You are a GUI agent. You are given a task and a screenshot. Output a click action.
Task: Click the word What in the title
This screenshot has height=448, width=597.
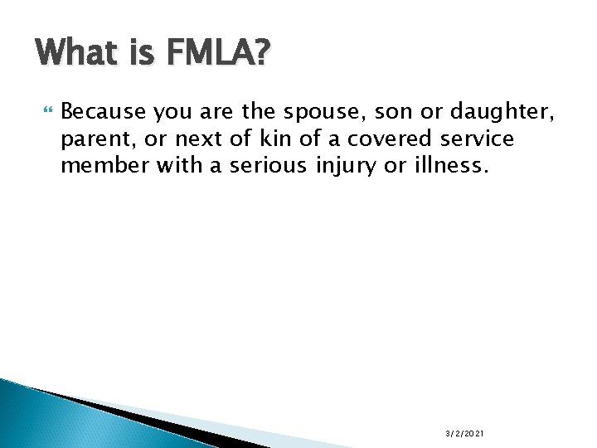(76, 55)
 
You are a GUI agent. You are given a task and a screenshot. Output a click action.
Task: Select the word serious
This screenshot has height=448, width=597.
(270, 166)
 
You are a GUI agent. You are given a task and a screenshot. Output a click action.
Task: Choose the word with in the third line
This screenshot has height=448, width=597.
(177, 166)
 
